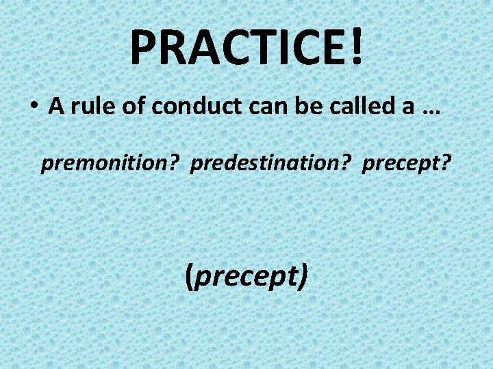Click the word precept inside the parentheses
tap(247, 276)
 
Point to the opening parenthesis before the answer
tap(190, 276)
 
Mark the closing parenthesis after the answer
tap(303, 276)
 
